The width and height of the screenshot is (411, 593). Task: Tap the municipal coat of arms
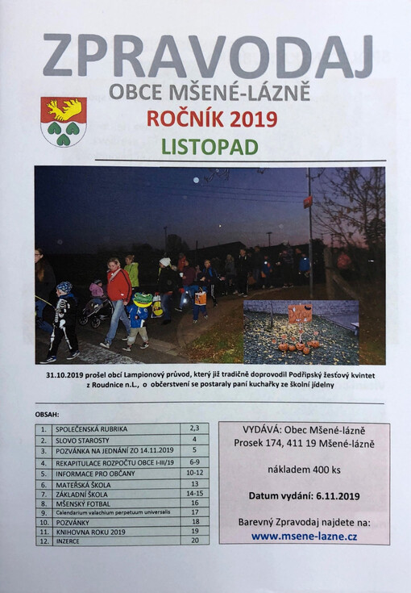63,121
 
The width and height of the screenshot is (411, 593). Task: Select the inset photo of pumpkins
301,332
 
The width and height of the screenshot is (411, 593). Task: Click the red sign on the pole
308,200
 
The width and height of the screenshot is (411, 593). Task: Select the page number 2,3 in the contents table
193,428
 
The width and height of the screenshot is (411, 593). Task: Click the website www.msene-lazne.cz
304,535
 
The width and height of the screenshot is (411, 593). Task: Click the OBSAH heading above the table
47,415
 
